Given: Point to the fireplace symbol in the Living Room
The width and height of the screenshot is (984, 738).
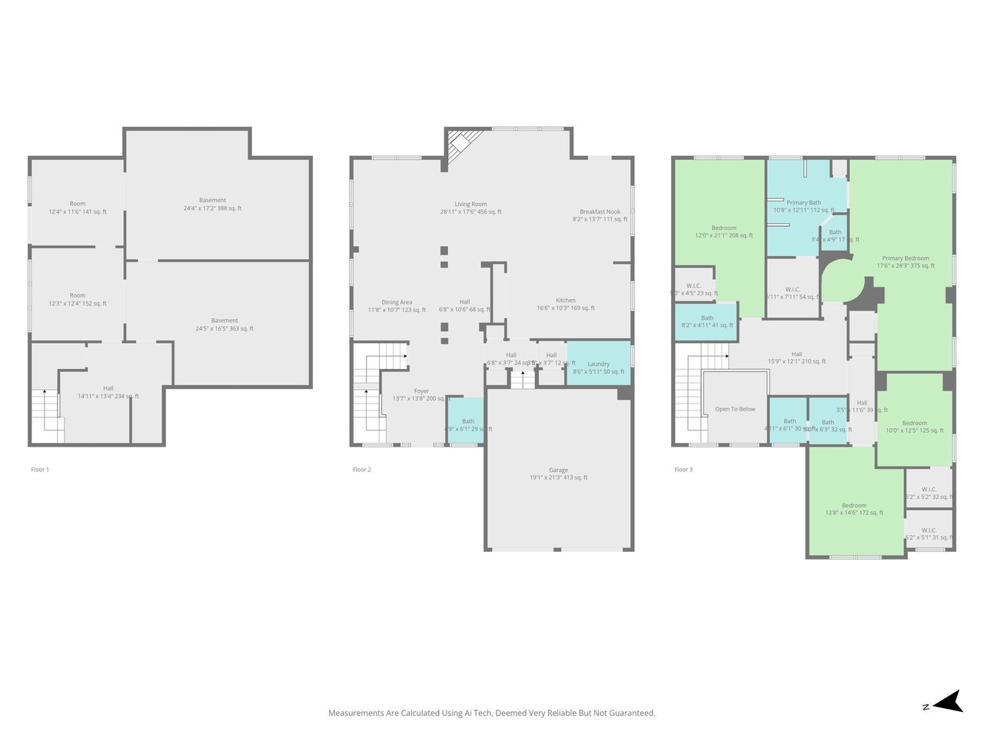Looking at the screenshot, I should pos(462,143).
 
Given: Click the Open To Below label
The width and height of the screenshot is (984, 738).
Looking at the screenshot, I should pos(735,409).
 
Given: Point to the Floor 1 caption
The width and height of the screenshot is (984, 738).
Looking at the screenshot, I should pos(40,469).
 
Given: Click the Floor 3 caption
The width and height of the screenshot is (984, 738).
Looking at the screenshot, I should pos(683,469).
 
